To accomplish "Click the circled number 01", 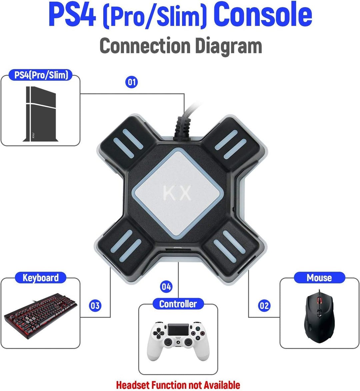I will coord(132,82).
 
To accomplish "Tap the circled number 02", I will coord(264,306).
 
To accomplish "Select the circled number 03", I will coord(95,306).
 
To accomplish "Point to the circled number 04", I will coord(166,287).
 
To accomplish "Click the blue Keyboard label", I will coord(40,278).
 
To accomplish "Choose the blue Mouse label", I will coord(319,278).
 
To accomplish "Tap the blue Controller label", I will coord(178,304).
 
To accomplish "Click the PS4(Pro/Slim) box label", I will coord(41,75).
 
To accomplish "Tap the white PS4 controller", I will coord(178,340).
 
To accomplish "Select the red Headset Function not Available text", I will coord(178,385).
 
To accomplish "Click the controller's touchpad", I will coord(178,330).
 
